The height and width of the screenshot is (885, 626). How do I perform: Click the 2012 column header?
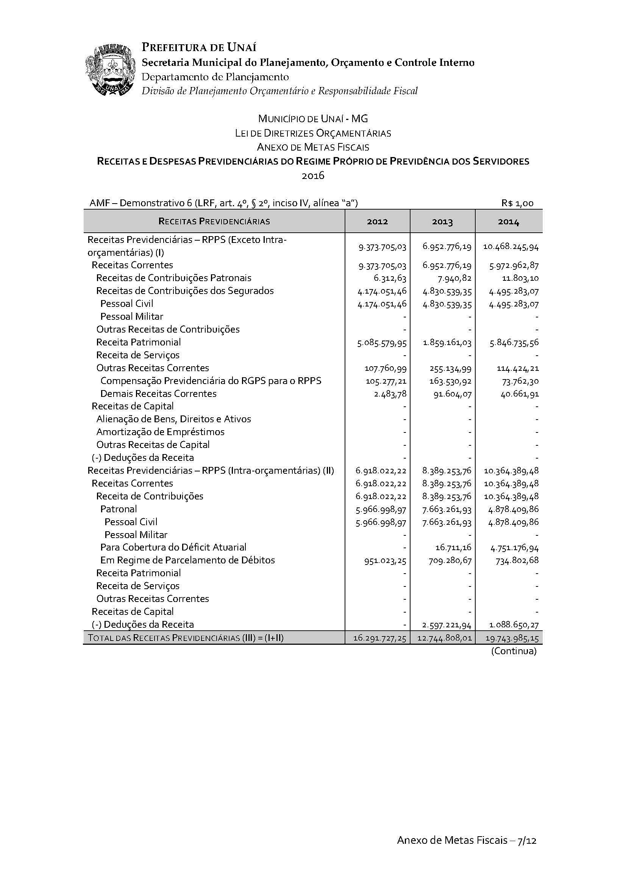point(377,222)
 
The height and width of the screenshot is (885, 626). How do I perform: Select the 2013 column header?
point(442,222)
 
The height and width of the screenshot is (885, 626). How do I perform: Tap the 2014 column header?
point(508,222)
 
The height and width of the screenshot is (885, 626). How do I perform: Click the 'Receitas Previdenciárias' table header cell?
point(214,221)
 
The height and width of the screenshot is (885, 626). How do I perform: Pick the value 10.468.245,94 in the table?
point(510,247)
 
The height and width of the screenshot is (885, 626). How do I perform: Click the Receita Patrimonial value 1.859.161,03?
point(447,343)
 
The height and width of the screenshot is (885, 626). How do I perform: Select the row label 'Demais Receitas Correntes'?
point(158,394)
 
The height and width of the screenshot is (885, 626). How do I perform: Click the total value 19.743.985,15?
point(512,638)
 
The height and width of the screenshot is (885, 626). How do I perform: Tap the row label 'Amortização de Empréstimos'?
point(160,432)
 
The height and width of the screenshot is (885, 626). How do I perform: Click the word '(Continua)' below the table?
point(514,651)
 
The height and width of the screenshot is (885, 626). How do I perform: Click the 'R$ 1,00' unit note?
point(517,203)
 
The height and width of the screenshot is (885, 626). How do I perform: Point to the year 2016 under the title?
point(313,176)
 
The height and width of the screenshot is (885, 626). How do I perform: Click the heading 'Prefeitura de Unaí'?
point(199,47)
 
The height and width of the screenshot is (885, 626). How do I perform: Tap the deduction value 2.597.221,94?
point(447,625)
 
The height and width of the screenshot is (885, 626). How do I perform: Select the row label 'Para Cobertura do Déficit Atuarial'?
point(173,547)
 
